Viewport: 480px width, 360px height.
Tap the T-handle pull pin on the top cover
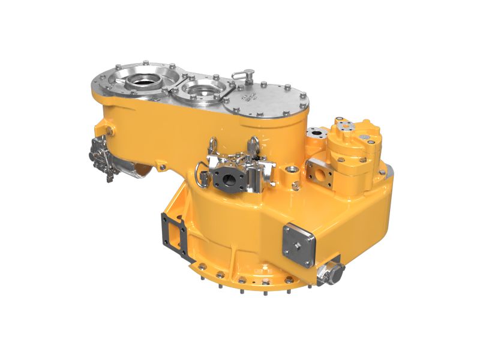tap(239, 75)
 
